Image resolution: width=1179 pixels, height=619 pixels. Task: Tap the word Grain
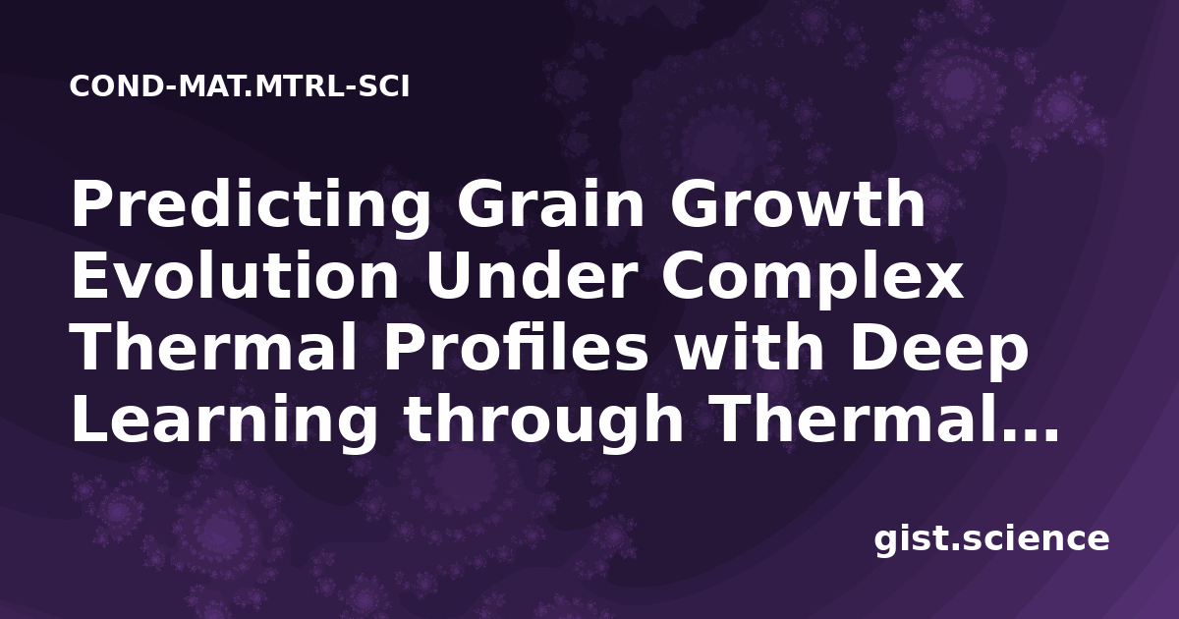tap(551, 204)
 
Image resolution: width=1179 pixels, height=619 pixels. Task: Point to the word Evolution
tap(235, 275)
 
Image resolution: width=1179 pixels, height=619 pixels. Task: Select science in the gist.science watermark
tap(1036, 539)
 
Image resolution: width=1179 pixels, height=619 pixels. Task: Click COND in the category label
tap(116, 86)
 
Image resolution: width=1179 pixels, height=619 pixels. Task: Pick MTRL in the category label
tap(299, 86)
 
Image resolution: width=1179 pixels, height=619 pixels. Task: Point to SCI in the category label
tap(383, 86)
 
